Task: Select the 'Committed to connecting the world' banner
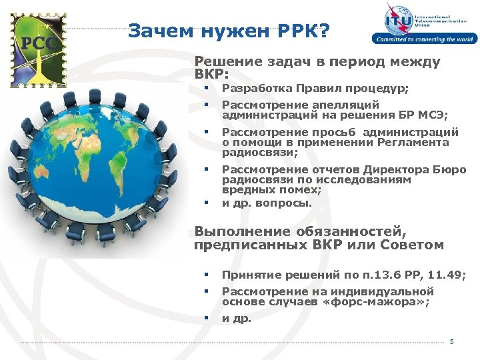coord(423,39)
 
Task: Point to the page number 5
coord(451,342)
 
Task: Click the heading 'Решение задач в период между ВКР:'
coord(317,67)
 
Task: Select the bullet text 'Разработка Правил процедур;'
coord(315,89)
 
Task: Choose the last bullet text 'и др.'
coord(237,319)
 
